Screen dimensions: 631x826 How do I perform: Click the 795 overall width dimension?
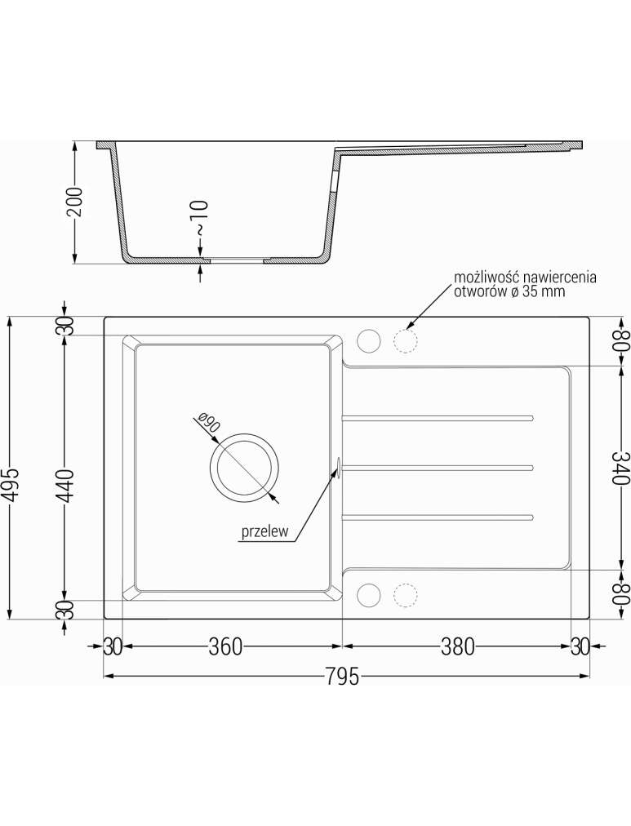(x=342, y=676)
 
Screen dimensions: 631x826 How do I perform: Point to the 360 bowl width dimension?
(x=225, y=646)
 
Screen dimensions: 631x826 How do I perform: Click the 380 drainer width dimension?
(x=457, y=646)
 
